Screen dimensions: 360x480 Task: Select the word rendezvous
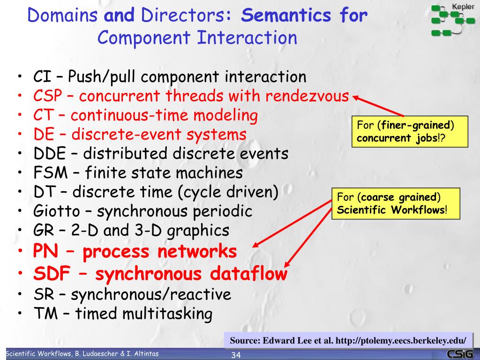(x=307, y=96)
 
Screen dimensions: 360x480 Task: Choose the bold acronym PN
(x=45, y=252)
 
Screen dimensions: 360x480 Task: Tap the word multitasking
(x=167, y=314)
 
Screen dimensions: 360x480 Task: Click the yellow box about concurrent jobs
(x=410, y=132)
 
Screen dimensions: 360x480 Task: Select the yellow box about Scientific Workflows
(x=396, y=203)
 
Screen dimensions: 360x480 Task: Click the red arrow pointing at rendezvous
(x=377, y=106)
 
